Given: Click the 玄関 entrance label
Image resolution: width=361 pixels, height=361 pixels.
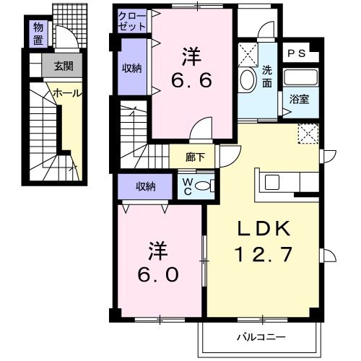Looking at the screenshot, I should point(64,67).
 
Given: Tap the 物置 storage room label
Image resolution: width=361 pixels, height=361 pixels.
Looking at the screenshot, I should point(39,32).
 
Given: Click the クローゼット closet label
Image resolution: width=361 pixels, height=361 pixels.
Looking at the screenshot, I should point(132,21).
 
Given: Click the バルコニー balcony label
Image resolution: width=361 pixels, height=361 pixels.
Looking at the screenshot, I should point(261,336).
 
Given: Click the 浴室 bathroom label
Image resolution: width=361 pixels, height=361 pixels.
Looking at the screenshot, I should point(299,100).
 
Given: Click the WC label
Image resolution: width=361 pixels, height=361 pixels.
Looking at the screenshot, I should point(187,186).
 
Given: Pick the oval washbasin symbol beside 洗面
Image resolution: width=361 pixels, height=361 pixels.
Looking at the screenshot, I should point(247,79).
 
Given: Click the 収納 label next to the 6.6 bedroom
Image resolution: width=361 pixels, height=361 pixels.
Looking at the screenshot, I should point(131,68).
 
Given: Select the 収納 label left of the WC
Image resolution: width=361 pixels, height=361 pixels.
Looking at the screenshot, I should point(144,186).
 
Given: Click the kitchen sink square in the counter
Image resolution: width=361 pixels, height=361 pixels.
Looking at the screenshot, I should point(273,182).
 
